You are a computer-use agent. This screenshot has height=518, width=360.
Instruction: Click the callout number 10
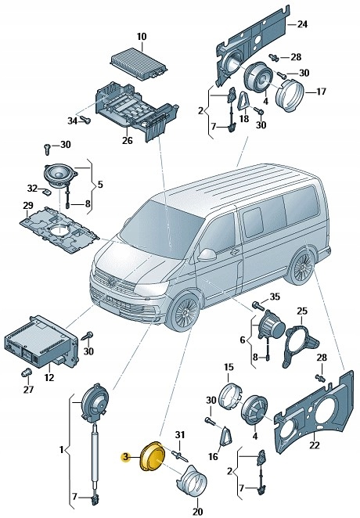(x=142, y=37)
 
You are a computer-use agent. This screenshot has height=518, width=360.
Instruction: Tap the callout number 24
(x=302, y=24)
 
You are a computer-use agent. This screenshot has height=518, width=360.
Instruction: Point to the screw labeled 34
(x=86, y=120)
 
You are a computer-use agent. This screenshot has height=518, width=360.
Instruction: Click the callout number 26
(x=128, y=142)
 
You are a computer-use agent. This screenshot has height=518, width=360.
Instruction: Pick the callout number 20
(x=196, y=512)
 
